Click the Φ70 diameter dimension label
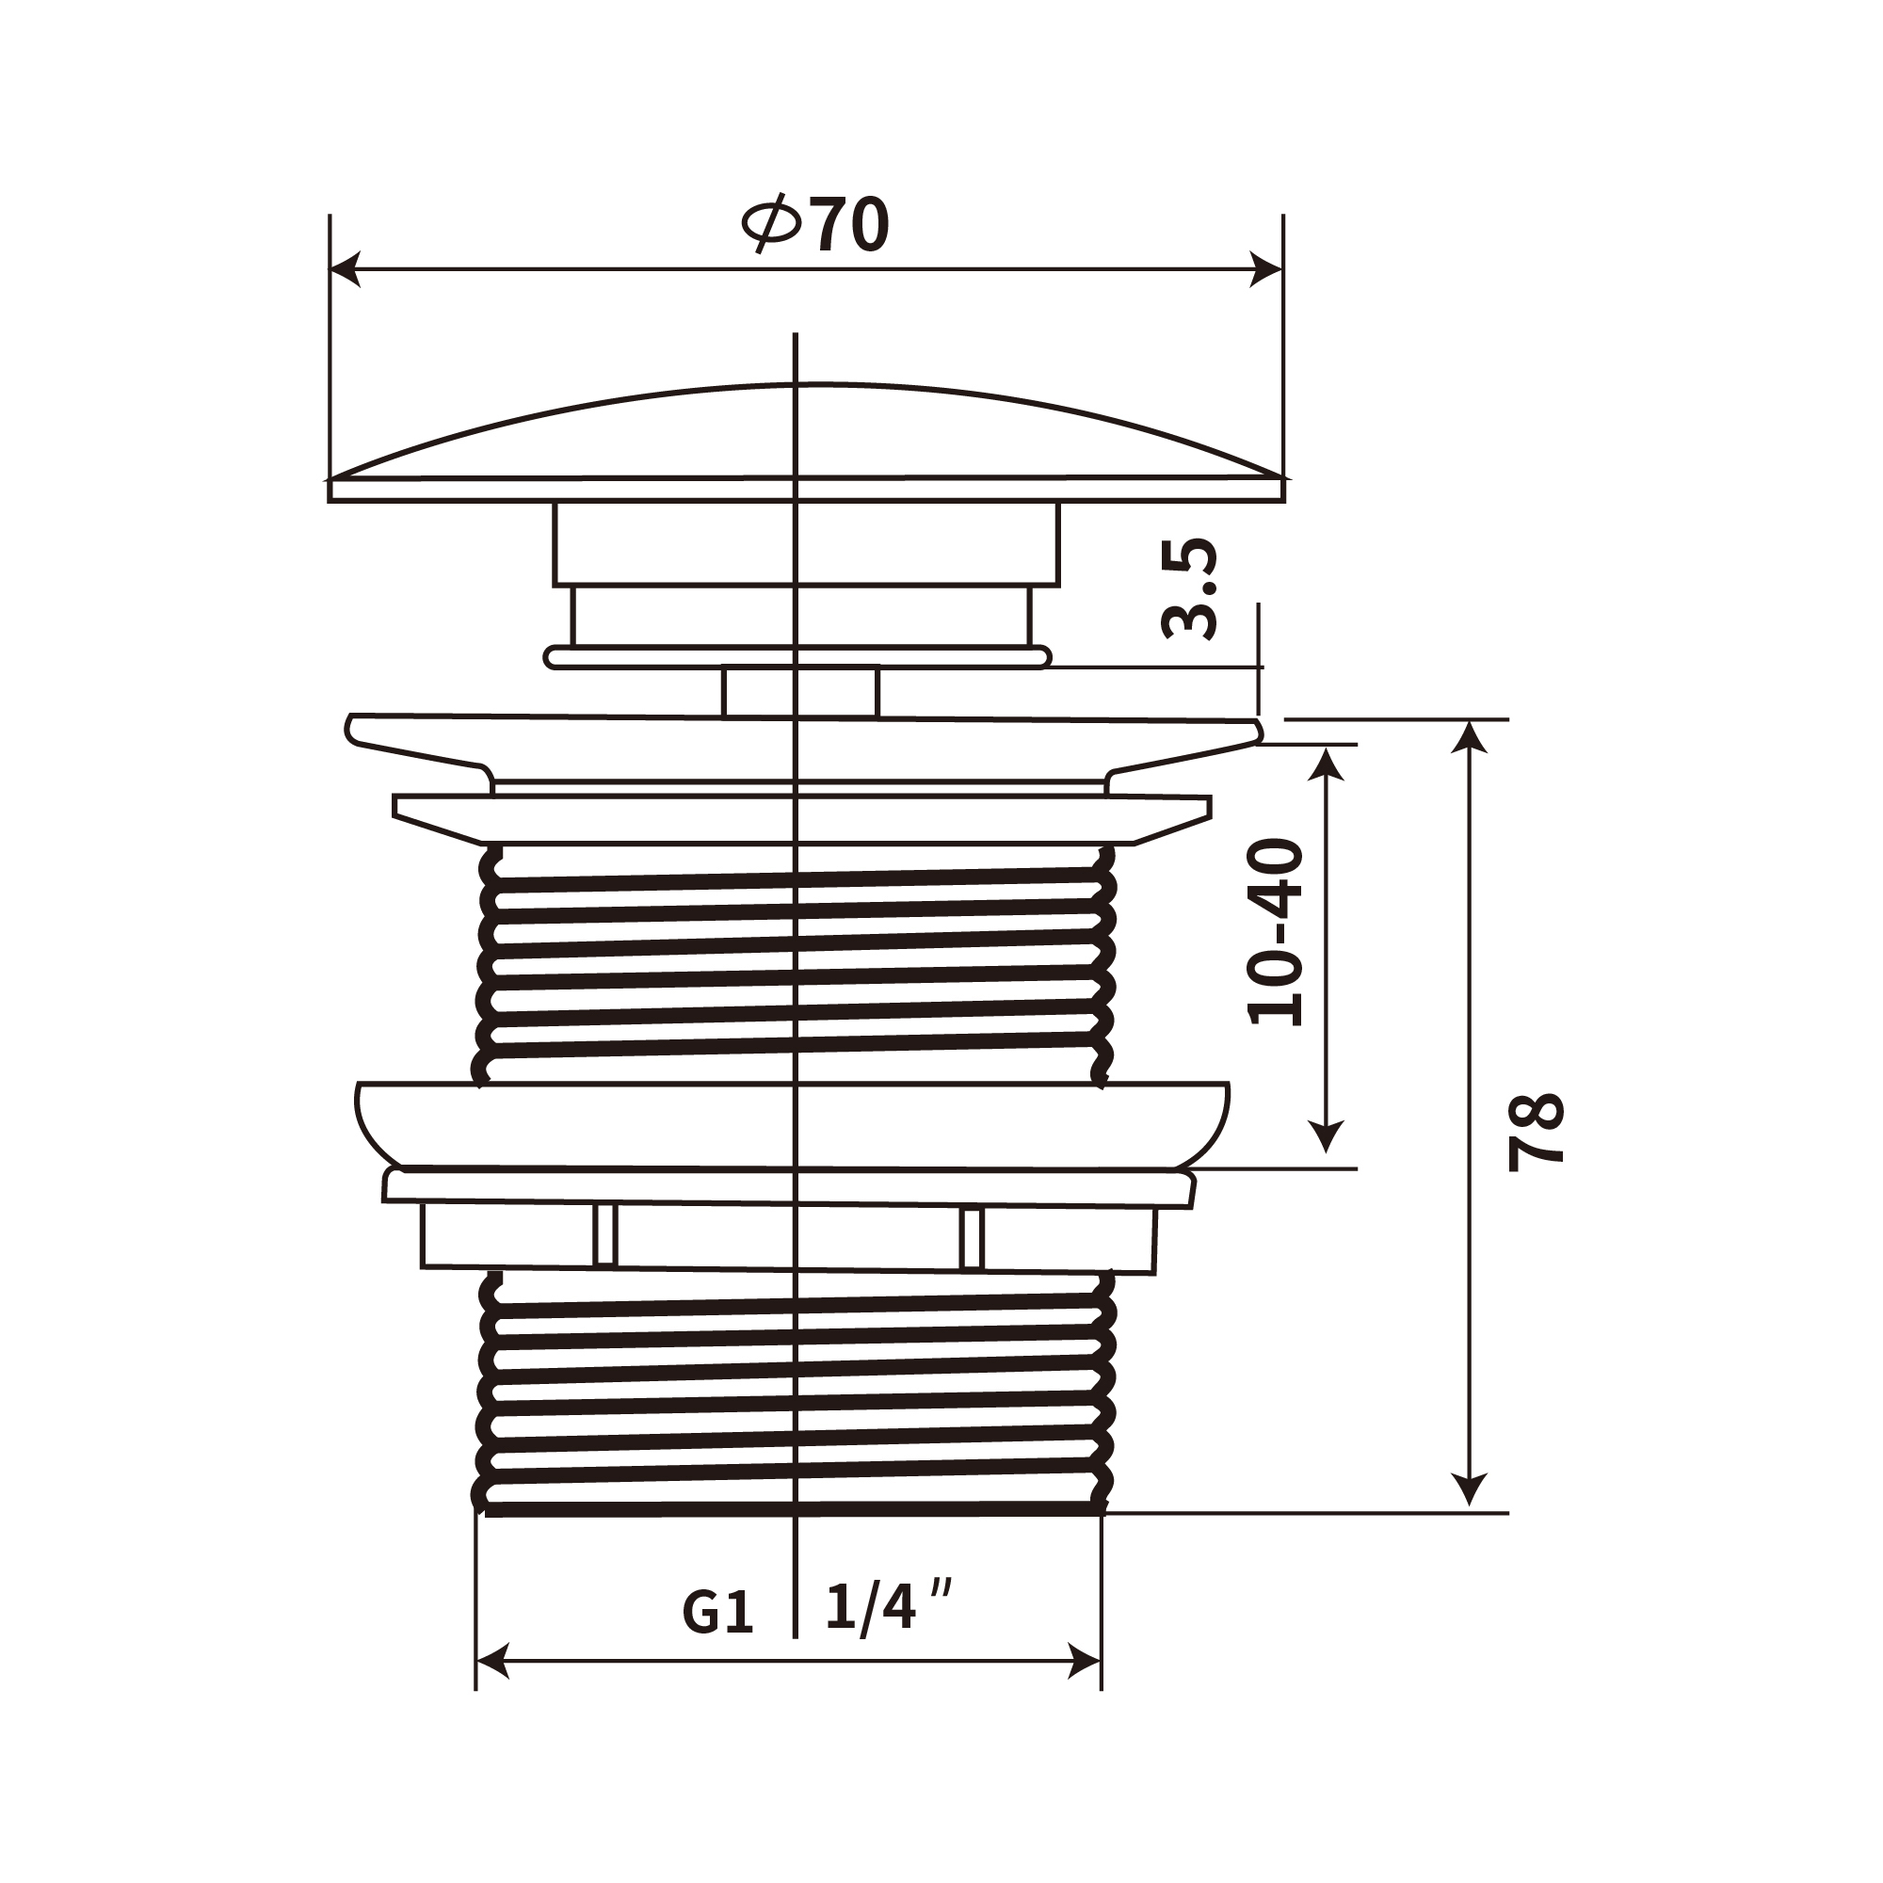click(x=815, y=224)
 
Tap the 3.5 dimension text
click(x=1190, y=587)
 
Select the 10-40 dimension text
click(x=1276, y=931)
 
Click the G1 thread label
click(x=718, y=1613)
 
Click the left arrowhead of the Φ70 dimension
click(x=346, y=269)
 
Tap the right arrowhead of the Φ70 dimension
click(x=1266, y=269)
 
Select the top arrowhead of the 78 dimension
click(x=1469, y=737)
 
